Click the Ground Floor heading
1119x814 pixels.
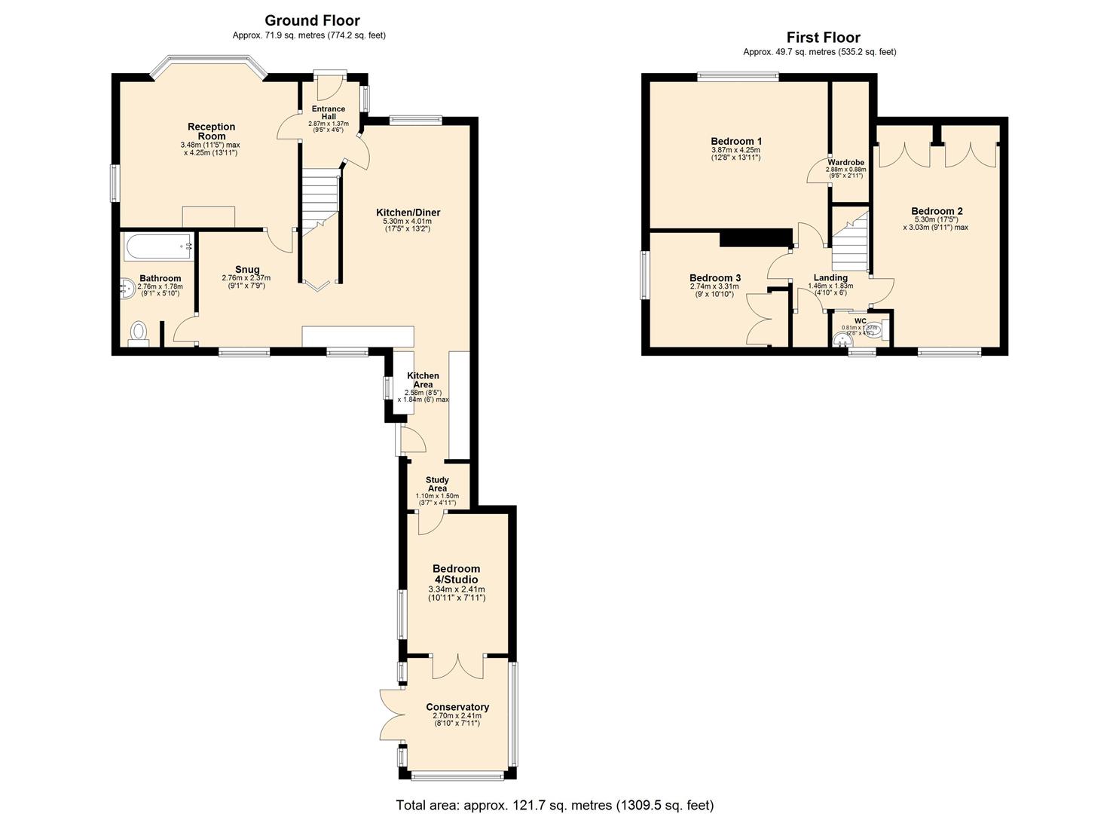coord(312,20)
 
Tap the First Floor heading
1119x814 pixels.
coord(823,37)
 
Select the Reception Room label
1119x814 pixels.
coord(212,131)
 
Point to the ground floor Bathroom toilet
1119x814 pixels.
coord(139,332)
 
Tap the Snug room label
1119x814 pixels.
coord(246,269)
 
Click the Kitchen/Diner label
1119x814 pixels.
coord(408,213)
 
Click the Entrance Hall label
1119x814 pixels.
coord(329,112)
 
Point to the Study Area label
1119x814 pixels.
coord(437,484)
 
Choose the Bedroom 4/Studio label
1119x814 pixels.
coord(456,574)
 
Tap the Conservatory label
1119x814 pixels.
coord(457,707)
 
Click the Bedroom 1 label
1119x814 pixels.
coord(736,141)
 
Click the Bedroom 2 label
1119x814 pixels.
coord(936,211)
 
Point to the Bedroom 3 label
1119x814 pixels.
coord(714,277)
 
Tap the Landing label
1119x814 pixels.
coord(830,277)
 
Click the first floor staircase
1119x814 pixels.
coord(849,241)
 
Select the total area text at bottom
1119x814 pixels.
coord(555,805)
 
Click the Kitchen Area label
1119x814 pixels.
coord(423,380)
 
